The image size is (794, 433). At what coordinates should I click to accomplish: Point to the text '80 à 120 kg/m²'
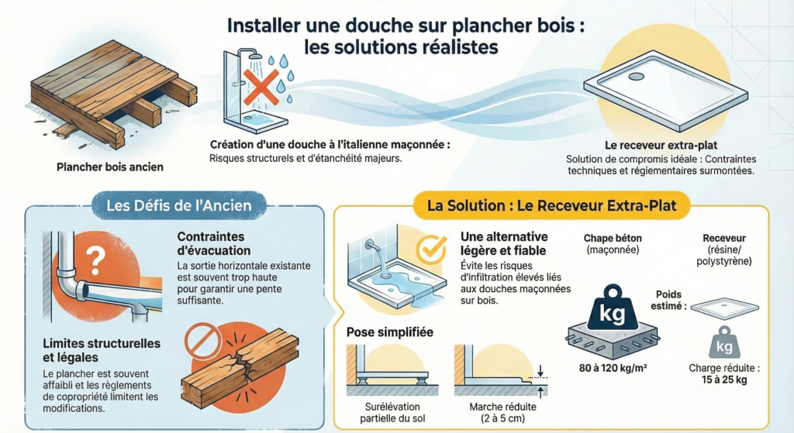coord(612,367)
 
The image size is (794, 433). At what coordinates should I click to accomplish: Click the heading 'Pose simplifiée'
coord(388,332)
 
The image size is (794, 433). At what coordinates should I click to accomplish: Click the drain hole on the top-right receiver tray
coord(637,77)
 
